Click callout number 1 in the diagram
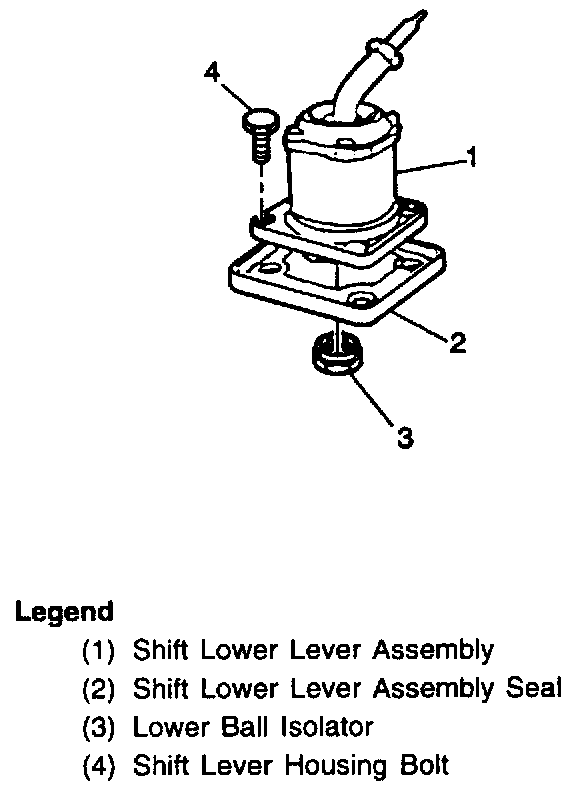[473, 157]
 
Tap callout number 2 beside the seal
[458, 342]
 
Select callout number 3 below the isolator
[405, 438]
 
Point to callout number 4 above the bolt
[212, 72]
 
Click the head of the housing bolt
[261, 120]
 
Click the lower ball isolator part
[337, 354]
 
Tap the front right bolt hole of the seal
[362, 299]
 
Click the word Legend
[64, 612]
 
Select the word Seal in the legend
[534, 688]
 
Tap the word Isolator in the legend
[327, 727]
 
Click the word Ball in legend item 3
[245, 727]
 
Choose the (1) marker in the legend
[98, 650]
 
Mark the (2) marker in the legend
[98, 689]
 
